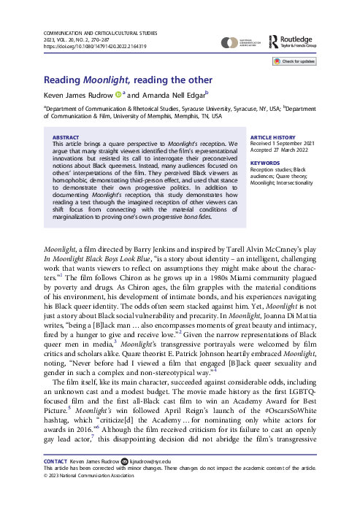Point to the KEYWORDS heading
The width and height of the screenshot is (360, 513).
[x=265, y=164]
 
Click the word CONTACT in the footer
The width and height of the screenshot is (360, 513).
[x=58, y=482]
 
